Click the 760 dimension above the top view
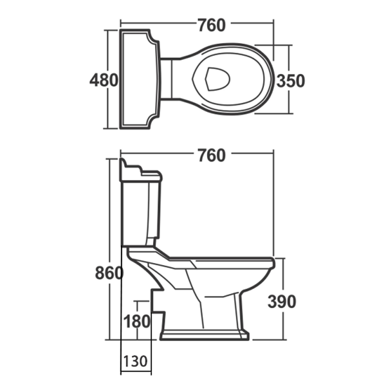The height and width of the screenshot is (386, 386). pos(212,26)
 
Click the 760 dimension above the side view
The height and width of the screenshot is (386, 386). pos(212,155)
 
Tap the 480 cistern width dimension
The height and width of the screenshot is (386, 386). pos(104,80)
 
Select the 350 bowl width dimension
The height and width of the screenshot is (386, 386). pos(290,80)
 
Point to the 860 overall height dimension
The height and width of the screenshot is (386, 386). pos(110,273)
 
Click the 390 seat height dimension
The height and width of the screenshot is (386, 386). pos(282,301)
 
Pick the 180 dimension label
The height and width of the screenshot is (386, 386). pos(138,320)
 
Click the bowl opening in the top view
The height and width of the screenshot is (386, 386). pos(219,80)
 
